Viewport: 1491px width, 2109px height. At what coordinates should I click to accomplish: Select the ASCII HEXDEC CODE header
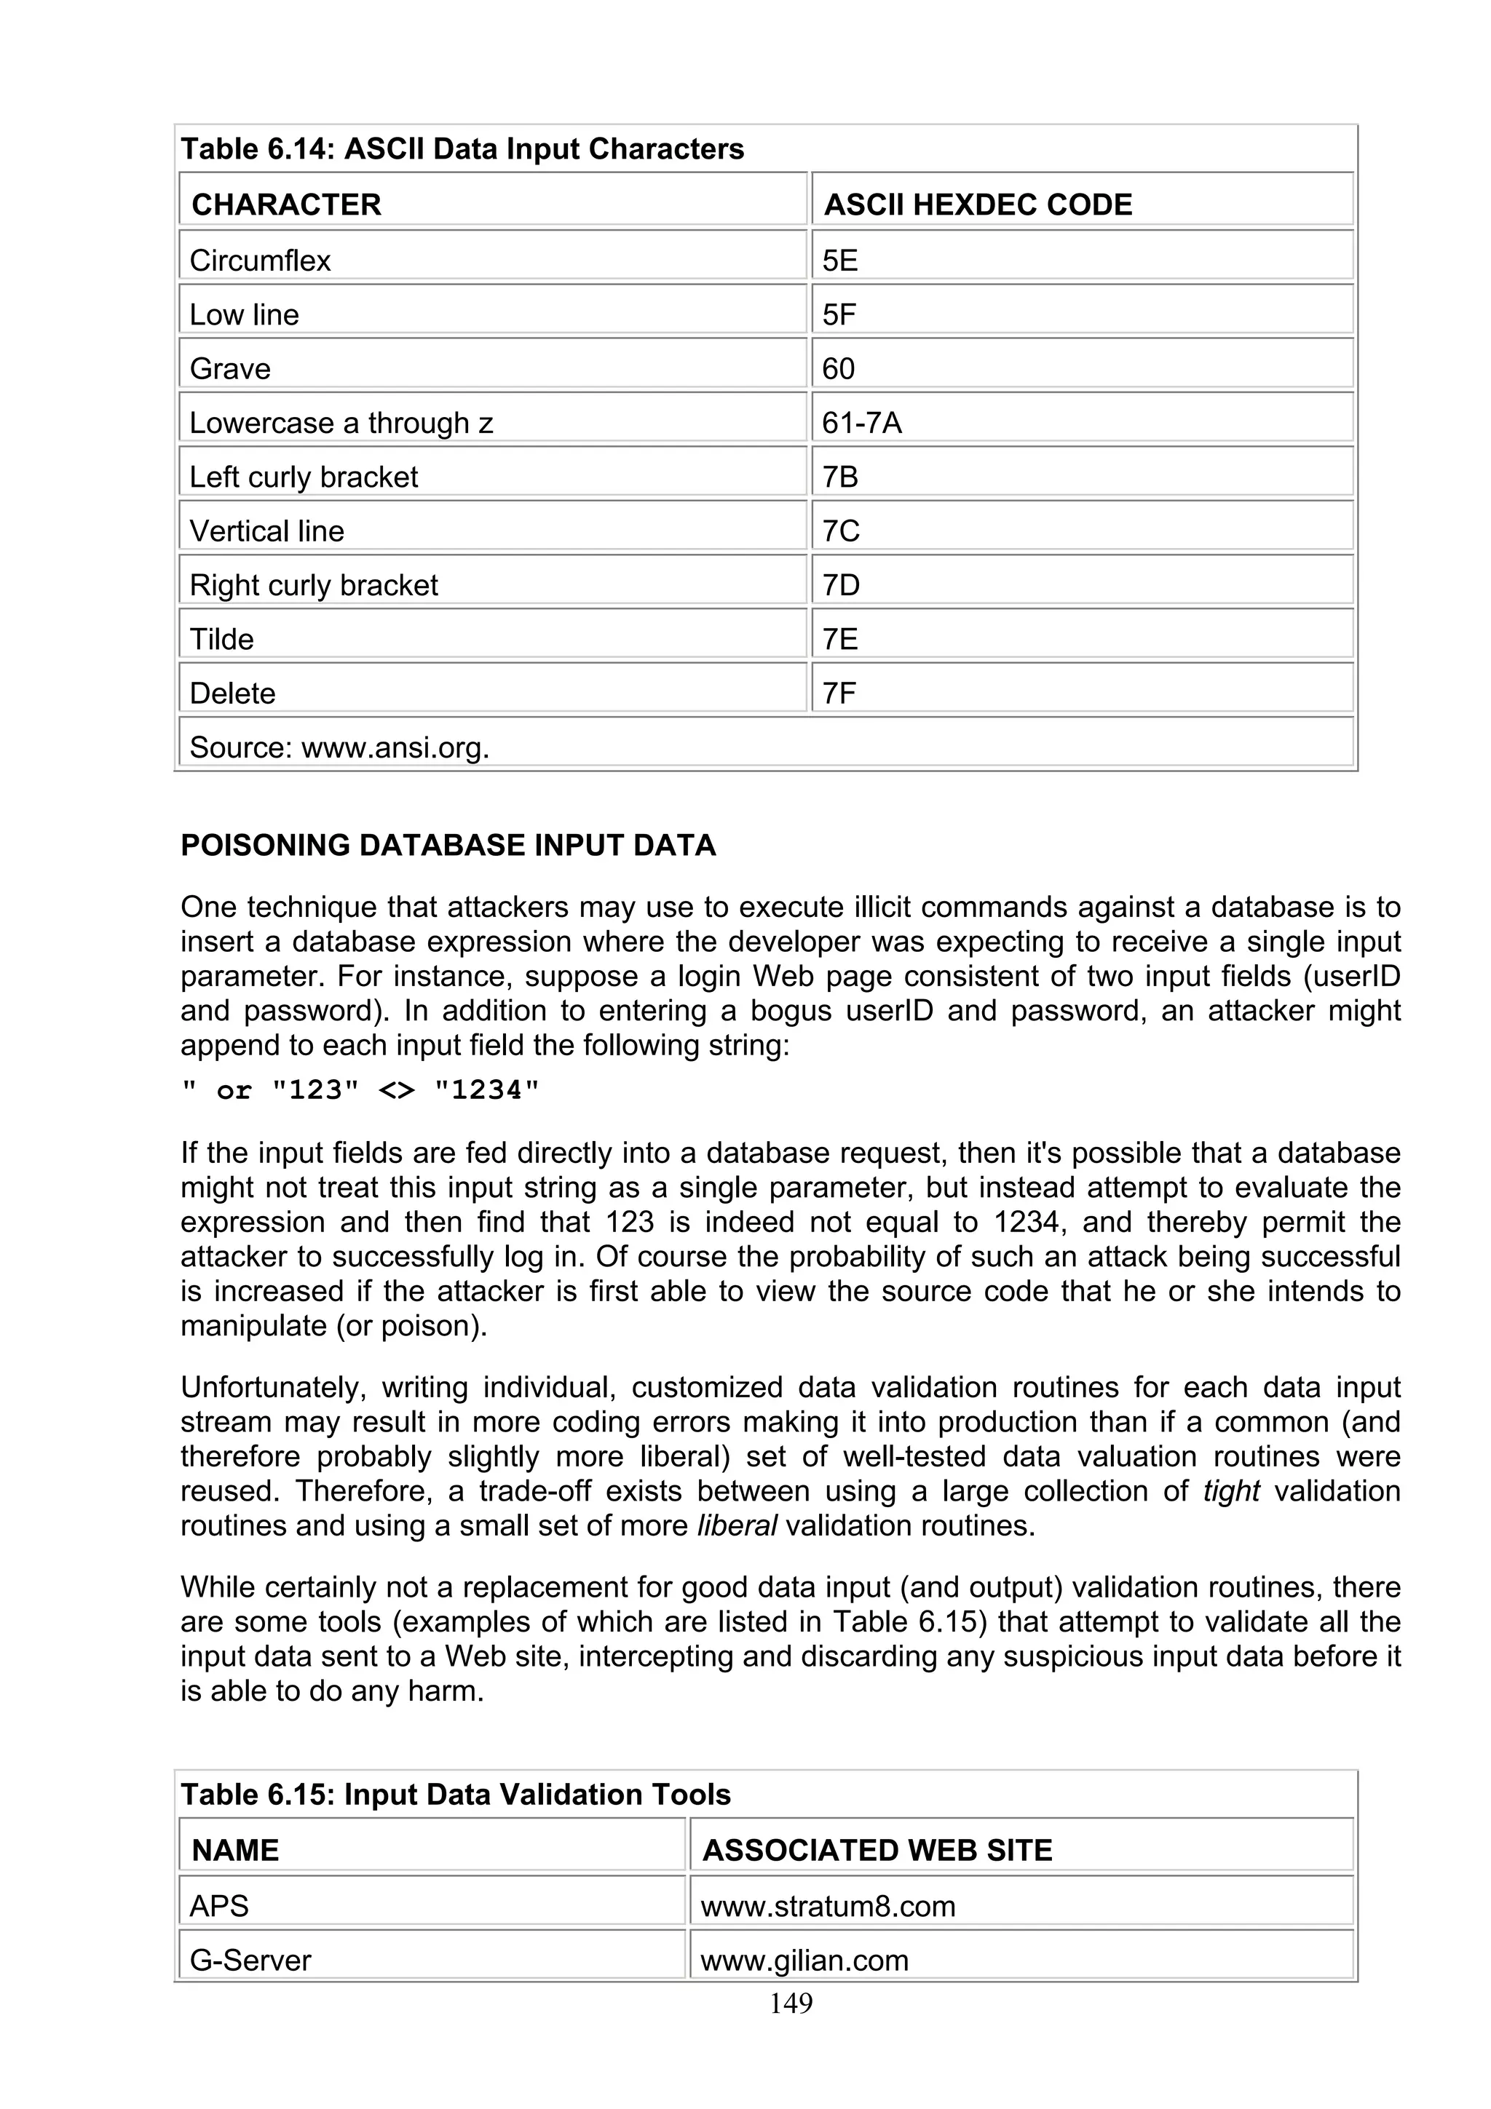(x=978, y=204)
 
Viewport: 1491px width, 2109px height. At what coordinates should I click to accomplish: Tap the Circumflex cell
(x=260, y=261)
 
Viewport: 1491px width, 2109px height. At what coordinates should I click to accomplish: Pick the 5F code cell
(x=839, y=315)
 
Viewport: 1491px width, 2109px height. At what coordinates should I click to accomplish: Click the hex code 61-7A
(x=862, y=423)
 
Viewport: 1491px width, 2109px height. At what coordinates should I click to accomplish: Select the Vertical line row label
(x=266, y=531)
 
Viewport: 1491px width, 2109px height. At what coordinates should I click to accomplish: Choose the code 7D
(x=841, y=585)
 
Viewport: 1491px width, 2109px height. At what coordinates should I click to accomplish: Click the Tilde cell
(x=221, y=639)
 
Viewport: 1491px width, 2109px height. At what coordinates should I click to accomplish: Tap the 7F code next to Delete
(x=839, y=694)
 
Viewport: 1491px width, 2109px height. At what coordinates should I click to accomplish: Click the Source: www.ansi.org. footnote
(x=339, y=747)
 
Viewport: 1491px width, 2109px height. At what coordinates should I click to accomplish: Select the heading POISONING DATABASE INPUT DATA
(x=448, y=845)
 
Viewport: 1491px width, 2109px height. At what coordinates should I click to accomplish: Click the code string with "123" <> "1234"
(x=360, y=1090)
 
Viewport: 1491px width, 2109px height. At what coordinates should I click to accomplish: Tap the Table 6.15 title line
(x=456, y=1794)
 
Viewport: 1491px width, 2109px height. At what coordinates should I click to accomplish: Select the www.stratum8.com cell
(x=828, y=1906)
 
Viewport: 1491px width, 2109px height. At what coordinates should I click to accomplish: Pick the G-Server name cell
(x=250, y=1961)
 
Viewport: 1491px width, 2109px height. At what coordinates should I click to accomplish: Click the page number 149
(x=791, y=2003)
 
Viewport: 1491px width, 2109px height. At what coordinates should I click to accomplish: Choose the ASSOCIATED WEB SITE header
(x=877, y=1850)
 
